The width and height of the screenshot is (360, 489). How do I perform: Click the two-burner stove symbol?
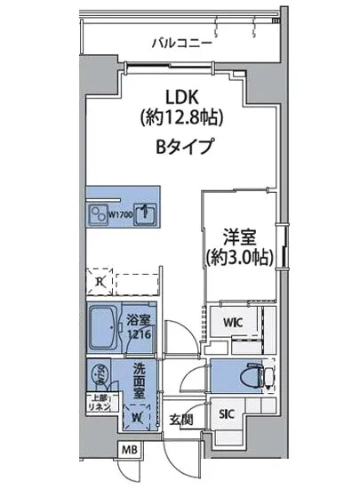(96, 214)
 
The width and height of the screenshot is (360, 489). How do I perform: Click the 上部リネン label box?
(97, 401)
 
